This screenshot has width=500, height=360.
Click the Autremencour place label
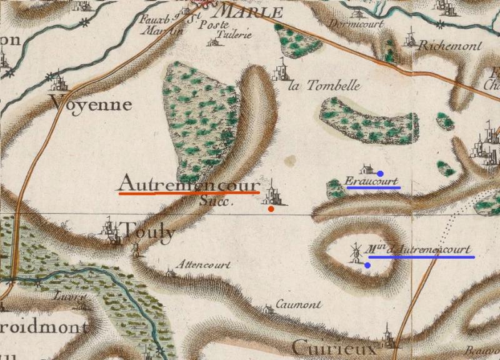pos(188,184)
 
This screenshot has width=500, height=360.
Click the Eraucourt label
pos(372,182)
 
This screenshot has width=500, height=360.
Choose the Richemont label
pos(450,46)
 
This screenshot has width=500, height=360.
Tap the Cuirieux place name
pos(334,347)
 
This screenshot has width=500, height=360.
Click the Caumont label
pos(299,305)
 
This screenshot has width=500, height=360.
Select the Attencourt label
pos(204,264)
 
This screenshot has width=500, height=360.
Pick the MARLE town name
pos(249,12)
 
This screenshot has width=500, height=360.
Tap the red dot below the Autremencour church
pos(271,209)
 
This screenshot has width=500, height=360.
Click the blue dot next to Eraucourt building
pos(380,173)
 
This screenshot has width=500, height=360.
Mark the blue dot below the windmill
pos(367,266)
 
